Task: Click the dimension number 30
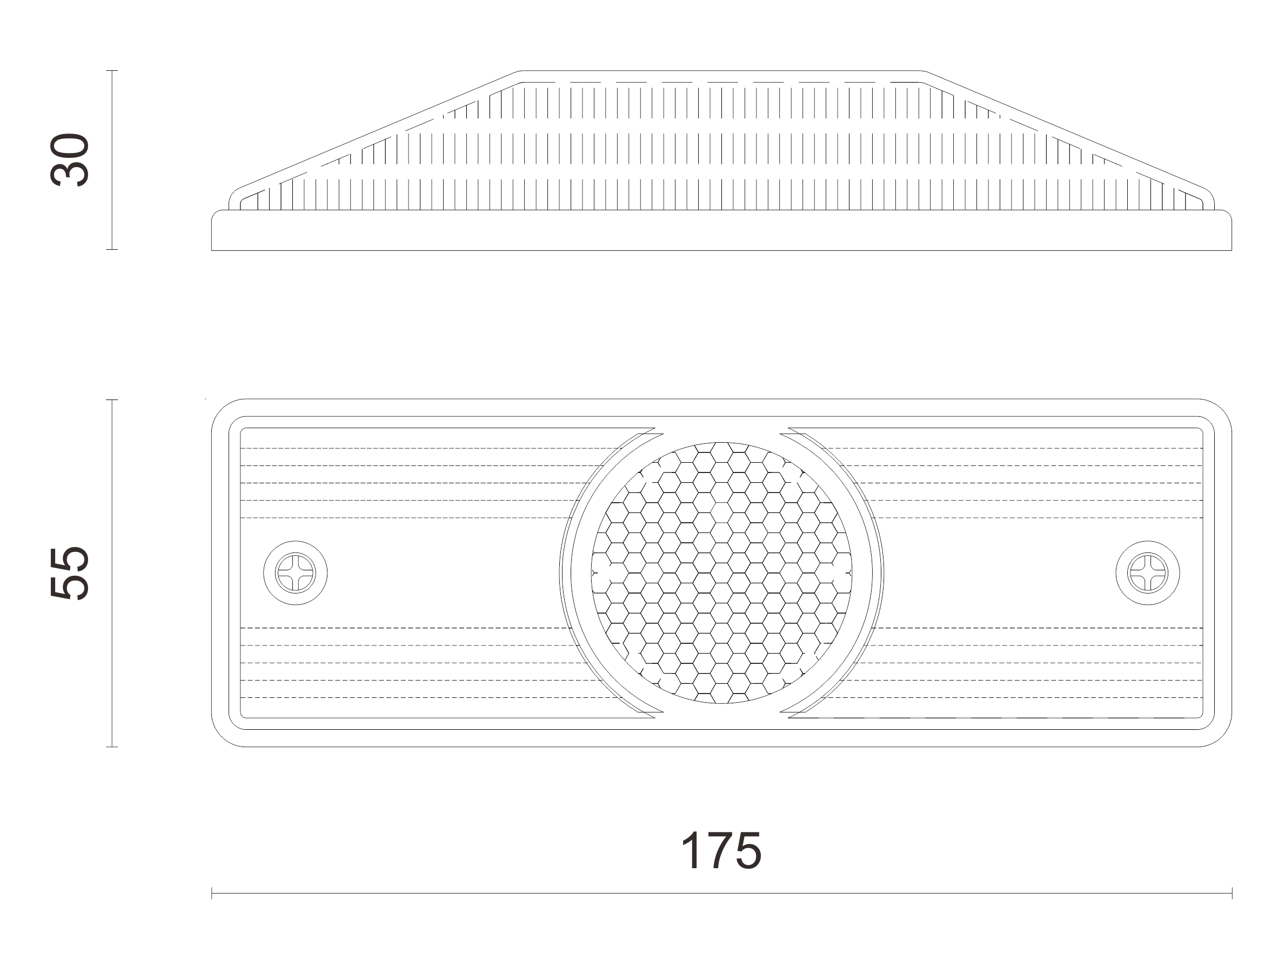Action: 70,160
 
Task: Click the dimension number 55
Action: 70,573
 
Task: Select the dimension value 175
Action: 721,850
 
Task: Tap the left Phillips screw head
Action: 295,573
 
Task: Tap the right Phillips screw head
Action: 1147,573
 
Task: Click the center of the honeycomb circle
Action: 721,573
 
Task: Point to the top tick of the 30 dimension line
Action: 112,70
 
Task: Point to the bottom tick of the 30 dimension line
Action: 112,249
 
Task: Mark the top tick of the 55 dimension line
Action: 112,399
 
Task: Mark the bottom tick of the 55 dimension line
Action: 112,747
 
